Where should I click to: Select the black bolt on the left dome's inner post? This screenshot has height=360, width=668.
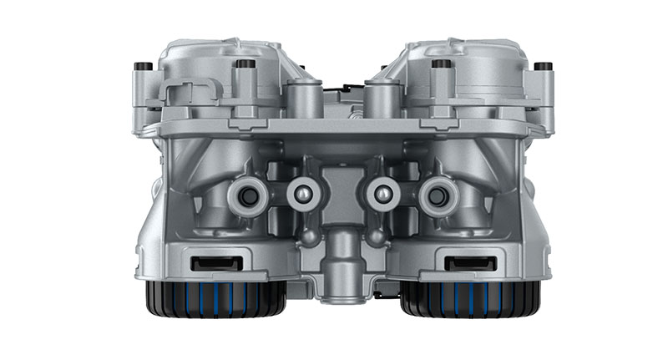click(x=245, y=63)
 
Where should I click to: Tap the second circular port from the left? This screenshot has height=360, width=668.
click(x=303, y=193)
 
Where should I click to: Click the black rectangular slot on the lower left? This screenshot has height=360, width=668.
click(x=216, y=264)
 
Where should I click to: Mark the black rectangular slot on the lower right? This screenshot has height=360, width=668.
click(x=469, y=264)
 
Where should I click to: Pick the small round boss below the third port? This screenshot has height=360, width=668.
click(x=375, y=237)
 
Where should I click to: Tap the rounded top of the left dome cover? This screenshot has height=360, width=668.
click(x=209, y=52)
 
